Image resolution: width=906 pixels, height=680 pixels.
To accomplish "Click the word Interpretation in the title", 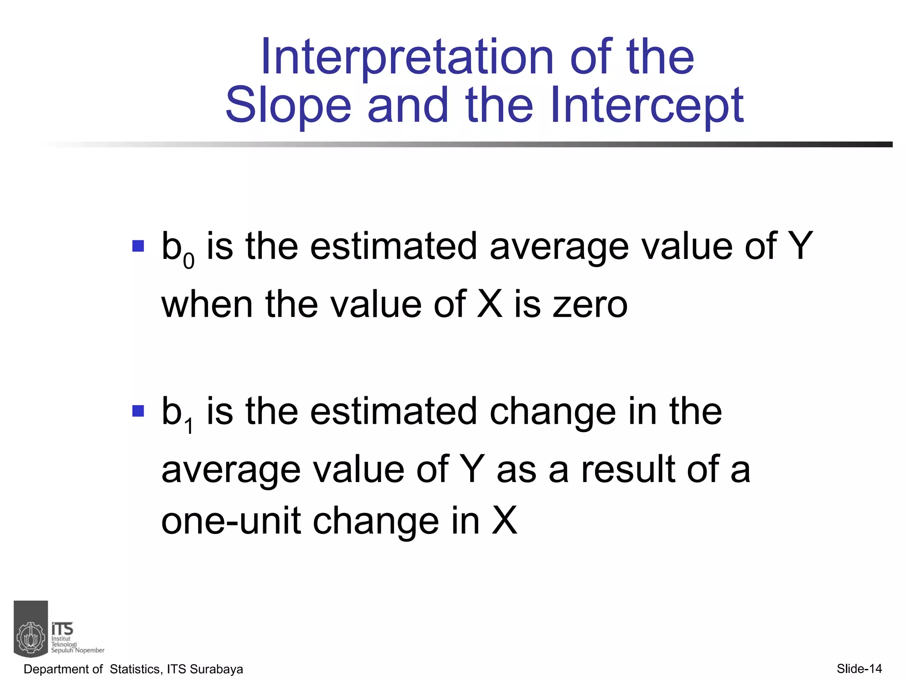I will coord(407,58).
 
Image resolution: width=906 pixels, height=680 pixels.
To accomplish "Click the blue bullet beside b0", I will coord(138,246).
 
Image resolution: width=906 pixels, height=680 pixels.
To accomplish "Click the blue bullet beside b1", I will coord(138,411).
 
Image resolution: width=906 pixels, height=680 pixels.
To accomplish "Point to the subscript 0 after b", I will coord(189,261).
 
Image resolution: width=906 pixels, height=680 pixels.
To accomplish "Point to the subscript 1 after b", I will coord(189,427).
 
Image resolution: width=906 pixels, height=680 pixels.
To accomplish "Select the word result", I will coord(629,469).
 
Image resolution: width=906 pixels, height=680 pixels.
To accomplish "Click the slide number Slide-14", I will coord(859,668).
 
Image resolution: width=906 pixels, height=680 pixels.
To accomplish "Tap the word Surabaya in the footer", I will coord(216,669).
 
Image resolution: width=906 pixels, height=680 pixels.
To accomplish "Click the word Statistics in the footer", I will coord(135,669).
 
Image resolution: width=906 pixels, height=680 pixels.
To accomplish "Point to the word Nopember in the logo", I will coord(90,650).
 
